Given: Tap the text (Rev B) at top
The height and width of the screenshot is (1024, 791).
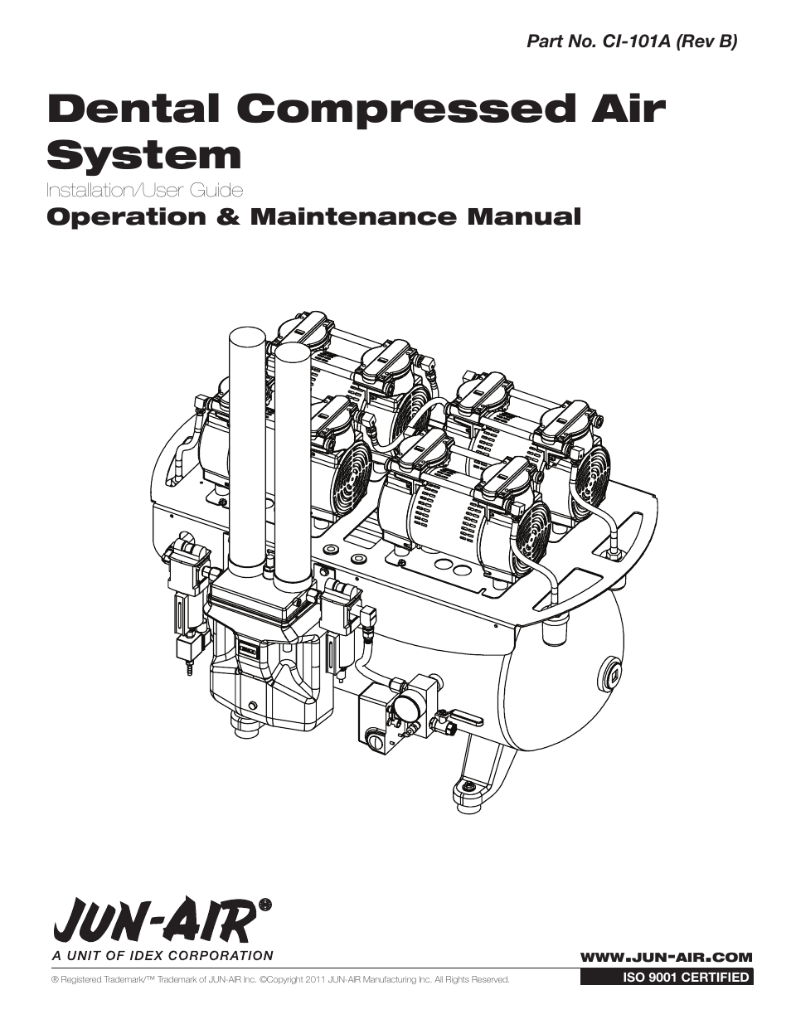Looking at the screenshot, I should click(x=707, y=41).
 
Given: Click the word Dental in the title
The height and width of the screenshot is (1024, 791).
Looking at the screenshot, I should click(x=138, y=109).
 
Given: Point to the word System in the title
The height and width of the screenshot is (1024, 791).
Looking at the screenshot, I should click(x=144, y=155).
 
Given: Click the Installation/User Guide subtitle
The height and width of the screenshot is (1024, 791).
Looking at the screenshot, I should click(x=145, y=191).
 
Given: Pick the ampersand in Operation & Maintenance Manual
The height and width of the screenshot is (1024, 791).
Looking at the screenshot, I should click(x=231, y=217).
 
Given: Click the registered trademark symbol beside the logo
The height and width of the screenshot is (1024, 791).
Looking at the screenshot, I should click(x=266, y=904).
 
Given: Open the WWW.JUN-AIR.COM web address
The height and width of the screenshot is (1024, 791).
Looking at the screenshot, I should click(x=666, y=957).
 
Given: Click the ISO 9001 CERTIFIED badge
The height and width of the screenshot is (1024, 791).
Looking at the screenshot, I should click(x=666, y=978).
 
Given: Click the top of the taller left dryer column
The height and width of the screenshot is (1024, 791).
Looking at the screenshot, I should click(x=245, y=336).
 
